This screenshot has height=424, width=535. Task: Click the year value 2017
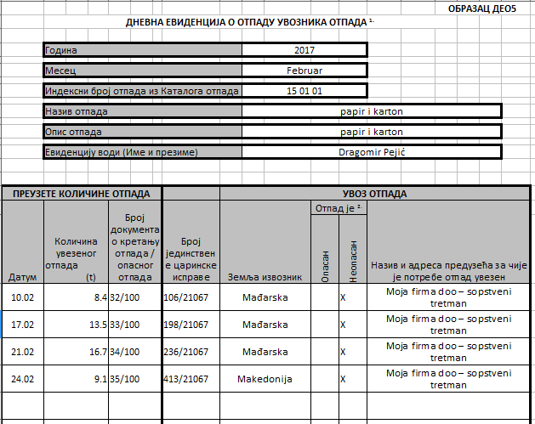(x=304, y=49)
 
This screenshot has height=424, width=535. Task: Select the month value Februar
(x=304, y=71)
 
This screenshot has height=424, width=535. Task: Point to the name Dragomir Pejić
(x=371, y=152)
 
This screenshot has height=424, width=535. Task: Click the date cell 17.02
(x=22, y=324)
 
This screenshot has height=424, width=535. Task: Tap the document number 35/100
(x=124, y=376)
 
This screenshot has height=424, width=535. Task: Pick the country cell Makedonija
(x=265, y=376)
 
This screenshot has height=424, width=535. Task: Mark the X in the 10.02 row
(x=343, y=298)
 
